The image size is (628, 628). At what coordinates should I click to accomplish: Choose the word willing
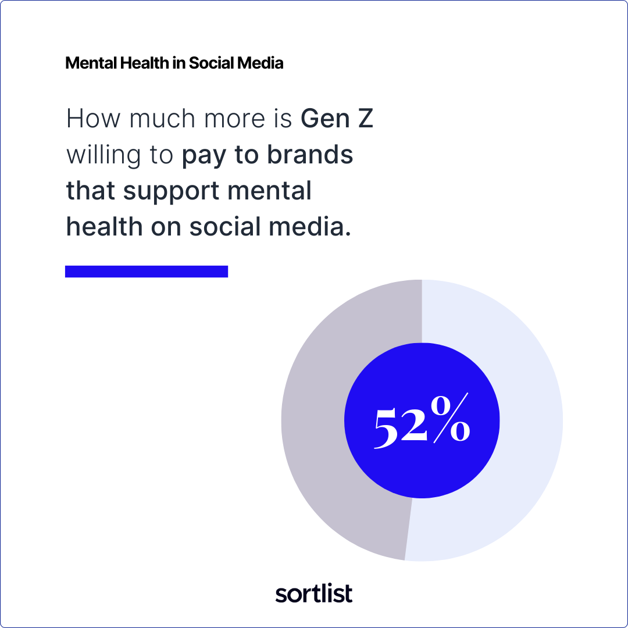104,156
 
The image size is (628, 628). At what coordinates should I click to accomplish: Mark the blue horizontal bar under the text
147,272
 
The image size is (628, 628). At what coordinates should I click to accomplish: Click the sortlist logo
314,593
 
